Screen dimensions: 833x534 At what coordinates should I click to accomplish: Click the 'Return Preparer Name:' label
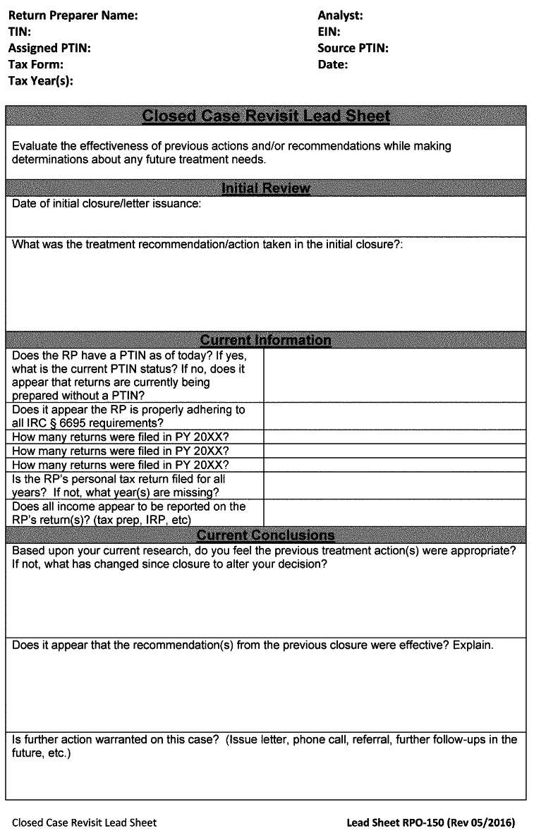coord(73,16)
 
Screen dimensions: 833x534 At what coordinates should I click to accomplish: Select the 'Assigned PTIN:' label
coord(49,48)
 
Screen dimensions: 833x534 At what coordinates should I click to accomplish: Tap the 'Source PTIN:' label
coord(353,48)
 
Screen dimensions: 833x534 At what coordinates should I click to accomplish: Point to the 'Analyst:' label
coord(340,16)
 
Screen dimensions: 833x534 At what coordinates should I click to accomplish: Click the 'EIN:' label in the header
coord(329,32)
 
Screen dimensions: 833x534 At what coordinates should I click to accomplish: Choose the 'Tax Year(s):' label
coord(41,80)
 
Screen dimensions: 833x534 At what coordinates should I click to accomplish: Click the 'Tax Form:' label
coord(36,64)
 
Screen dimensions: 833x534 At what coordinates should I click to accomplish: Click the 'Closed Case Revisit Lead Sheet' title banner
coord(266,116)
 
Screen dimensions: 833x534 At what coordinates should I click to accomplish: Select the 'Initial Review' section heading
coord(266,188)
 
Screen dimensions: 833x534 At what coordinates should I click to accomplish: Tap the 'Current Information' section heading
coord(266,340)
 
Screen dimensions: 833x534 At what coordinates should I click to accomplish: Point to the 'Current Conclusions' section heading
coord(266,535)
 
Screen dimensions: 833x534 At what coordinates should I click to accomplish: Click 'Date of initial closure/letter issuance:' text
coord(107,204)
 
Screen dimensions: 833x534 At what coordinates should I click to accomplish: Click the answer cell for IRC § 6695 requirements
coord(394,416)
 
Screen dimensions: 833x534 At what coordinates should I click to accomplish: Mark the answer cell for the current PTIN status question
coord(394,375)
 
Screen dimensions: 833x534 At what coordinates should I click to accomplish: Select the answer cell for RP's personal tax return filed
coord(394,485)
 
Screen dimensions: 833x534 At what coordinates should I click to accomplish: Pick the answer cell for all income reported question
coord(394,513)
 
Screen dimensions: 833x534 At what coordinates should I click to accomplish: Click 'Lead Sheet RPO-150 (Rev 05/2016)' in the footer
coord(430,822)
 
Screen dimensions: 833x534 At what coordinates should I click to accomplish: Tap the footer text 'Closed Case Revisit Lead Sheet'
coord(85,822)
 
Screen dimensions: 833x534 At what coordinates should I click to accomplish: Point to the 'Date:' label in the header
coord(333,64)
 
